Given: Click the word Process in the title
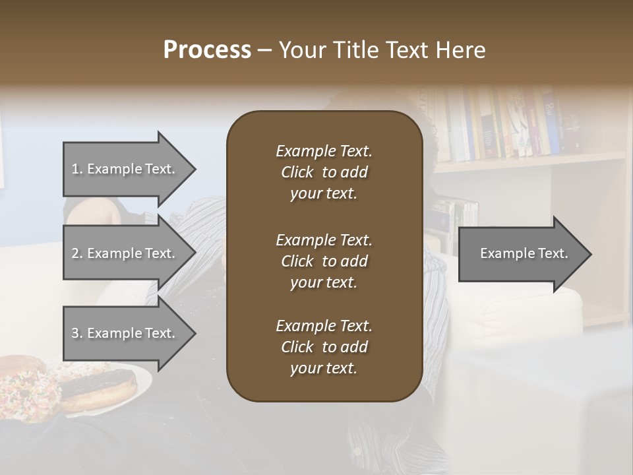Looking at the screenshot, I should coord(207,50).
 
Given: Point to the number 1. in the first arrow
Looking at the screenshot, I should coord(77,169).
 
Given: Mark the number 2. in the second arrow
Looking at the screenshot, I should coord(77,253).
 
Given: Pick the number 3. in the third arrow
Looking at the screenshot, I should coord(77,333).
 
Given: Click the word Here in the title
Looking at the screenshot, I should coord(461,50).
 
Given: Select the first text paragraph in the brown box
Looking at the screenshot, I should coord(324,172).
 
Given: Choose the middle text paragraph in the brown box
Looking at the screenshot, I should coord(324,261).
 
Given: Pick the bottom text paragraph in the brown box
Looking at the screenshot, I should coord(324,347).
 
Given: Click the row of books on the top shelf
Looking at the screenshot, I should coord(508,125).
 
